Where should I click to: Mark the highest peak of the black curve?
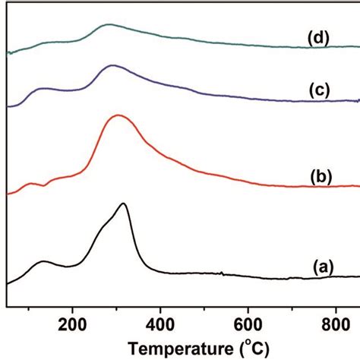pos(122,204)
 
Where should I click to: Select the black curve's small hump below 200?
pos(43,262)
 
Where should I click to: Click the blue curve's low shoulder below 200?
pos(44,90)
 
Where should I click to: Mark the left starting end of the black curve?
pos(8,283)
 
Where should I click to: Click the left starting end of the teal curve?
pos(8,53)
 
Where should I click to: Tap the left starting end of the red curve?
pos(8,194)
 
